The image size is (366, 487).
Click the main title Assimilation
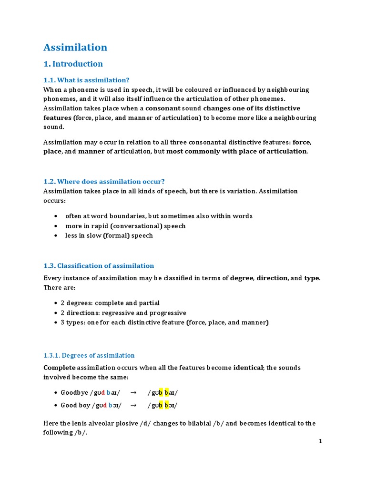(75, 48)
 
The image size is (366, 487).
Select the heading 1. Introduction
(73, 64)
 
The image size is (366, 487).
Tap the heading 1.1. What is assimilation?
(86, 80)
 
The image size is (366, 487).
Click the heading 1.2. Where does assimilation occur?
(104, 181)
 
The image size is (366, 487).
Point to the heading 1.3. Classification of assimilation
(99, 266)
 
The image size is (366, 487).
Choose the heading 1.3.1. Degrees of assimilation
(89, 355)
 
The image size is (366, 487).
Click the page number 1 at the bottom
(321, 441)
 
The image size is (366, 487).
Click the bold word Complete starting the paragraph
(60, 368)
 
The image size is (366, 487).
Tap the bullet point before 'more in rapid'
(56, 226)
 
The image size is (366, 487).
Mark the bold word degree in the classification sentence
(242, 278)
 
